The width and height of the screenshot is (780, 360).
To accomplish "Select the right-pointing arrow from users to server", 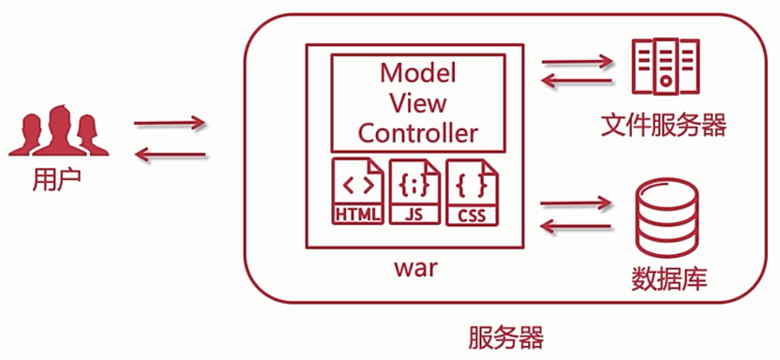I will (170, 124).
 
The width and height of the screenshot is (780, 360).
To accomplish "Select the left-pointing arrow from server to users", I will (170, 154).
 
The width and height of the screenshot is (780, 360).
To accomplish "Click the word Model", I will (417, 72).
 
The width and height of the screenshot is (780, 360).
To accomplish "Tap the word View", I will (417, 101).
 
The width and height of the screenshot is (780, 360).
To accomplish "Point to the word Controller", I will (417, 131).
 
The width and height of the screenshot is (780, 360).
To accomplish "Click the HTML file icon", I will (358, 192).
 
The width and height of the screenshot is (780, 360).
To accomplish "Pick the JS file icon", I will (414, 192).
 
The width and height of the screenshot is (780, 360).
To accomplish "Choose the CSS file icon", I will (472, 192).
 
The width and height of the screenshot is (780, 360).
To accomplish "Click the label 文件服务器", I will (664, 124).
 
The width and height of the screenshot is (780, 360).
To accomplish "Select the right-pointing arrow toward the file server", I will (577, 63).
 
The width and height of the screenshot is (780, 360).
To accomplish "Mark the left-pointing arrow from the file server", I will (577, 83).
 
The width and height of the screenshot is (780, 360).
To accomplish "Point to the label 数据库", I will (664, 277).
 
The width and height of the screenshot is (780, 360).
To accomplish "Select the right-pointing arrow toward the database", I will (577, 202).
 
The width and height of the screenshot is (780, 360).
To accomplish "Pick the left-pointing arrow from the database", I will (577, 226).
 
